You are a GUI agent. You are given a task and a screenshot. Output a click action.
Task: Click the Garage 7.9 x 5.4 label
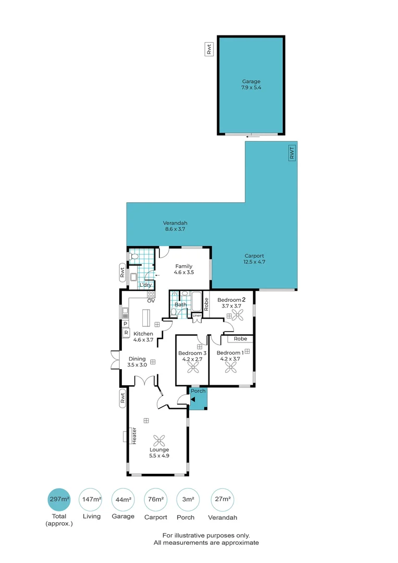click(x=251, y=84)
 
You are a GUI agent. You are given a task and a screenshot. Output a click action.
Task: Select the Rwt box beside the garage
click(x=209, y=50)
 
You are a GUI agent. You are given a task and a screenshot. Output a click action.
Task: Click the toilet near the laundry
click(x=134, y=256)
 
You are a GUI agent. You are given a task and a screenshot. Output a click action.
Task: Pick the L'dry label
click(x=145, y=285)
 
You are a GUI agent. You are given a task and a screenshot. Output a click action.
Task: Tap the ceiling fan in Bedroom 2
click(x=230, y=314)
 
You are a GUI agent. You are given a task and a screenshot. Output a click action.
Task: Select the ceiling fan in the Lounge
click(x=159, y=439)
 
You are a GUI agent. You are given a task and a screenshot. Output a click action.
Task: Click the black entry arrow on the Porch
click(x=193, y=399)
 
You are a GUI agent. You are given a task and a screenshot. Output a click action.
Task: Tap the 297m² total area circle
click(x=58, y=499)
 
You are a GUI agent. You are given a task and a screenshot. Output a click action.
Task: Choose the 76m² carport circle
click(x=155, y=499)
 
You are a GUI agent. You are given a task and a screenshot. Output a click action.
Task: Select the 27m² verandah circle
click(x=222, y=499)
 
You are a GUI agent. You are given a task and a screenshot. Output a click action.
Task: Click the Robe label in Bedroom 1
click(x=240, y=339)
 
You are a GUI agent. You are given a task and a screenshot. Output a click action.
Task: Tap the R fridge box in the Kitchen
click(x=126, y=332)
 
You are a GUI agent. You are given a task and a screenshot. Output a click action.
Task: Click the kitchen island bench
click(x=146, y=316)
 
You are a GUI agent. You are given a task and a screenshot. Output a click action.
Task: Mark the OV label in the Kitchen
click(x=151, y=301)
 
